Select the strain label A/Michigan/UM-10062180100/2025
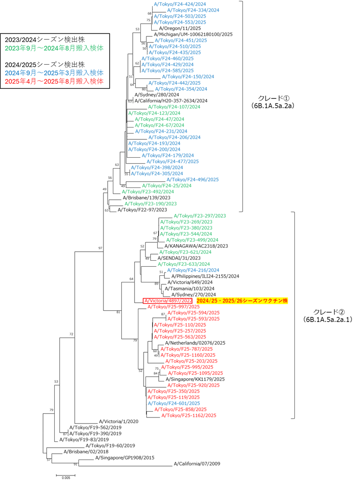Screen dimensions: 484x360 click(193, 34)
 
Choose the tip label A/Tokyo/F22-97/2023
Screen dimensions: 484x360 click(142, 210)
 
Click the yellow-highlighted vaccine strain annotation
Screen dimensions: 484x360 click(242, 300)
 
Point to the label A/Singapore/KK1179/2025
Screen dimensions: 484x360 click(195, 379)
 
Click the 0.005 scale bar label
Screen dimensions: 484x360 click(66, 478)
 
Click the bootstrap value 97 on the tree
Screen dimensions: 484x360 click(100, 248)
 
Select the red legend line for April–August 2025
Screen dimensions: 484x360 click(54, 81)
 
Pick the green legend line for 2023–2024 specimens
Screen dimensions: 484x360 click(54, 48)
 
